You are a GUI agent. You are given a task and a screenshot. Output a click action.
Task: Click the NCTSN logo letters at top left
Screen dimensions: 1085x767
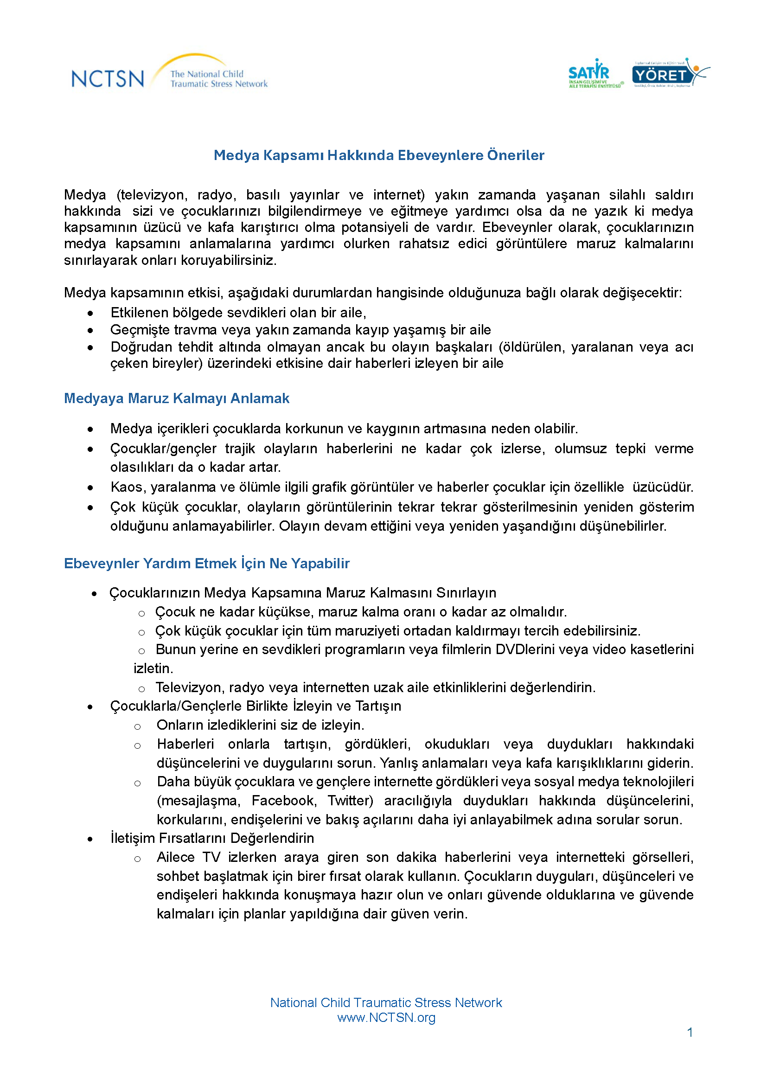(108, 78)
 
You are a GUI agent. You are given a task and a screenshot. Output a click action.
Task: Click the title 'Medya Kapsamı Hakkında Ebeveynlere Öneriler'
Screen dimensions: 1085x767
(379, 155)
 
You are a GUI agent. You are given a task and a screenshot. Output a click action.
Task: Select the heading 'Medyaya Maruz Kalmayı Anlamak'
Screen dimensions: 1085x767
(177, 398)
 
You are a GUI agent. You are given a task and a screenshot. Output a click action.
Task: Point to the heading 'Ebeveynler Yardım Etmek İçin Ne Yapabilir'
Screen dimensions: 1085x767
(207, 563)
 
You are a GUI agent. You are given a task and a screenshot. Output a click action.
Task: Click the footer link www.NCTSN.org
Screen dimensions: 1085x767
(386, 1017)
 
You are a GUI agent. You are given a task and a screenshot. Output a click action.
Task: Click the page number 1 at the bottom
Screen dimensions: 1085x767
(690, 1033)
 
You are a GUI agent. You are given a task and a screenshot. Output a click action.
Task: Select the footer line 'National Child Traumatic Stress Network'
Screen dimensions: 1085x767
(386, 1002)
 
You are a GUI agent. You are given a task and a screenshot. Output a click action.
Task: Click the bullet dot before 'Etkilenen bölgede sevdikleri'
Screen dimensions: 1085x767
(90, 313)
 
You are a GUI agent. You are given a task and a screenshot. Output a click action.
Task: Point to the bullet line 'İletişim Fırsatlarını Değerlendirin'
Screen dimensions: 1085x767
(212, 838)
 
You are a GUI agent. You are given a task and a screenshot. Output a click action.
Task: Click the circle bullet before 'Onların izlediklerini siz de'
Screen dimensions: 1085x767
(137, 726)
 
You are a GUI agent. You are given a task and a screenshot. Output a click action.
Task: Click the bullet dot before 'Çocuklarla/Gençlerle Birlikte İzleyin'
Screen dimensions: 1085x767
(90, 707)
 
